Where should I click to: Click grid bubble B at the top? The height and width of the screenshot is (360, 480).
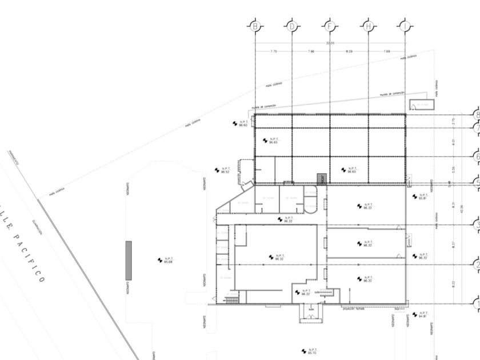pos(255,26)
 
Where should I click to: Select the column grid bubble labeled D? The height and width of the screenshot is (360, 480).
pos(292,26)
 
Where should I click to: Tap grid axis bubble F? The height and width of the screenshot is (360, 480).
pos(329,26)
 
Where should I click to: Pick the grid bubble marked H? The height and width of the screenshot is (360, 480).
pos(368,26)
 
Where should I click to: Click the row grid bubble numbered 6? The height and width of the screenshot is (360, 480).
pos(475,156)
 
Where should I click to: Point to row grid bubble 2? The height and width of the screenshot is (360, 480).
pos(475,264)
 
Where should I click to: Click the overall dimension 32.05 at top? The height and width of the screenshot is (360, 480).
pos(330,43)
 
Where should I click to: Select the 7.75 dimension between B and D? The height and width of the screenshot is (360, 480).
pos(273,52)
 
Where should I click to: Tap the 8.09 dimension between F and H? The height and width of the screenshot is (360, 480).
pos(349,52)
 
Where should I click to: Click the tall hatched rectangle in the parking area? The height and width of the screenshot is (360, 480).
pos(129,260)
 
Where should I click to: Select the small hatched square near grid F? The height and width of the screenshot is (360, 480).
pos(322,178)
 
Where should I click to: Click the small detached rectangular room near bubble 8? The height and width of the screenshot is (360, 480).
pos(422,105)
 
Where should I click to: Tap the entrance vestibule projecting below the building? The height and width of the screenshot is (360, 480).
pos(311,313)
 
